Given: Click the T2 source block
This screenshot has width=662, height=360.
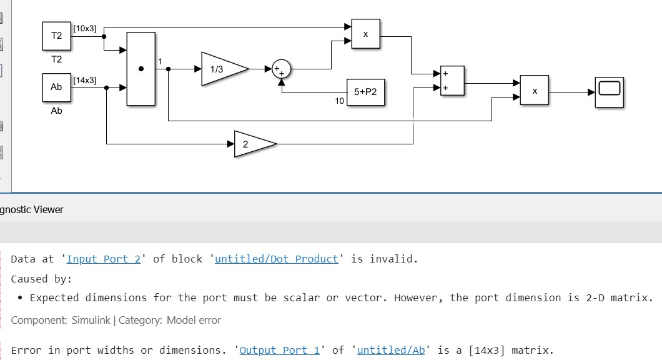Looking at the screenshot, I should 57,36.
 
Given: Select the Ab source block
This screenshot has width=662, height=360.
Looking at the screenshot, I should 57,87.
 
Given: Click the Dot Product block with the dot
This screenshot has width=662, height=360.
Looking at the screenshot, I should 141,69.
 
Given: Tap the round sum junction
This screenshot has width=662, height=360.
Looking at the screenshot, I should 282,69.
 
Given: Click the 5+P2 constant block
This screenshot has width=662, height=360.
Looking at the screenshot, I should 365,92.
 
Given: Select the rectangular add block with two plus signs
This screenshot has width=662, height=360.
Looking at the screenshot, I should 452,81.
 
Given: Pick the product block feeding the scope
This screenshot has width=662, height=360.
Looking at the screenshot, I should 535,91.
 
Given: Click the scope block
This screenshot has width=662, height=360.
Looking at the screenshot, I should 610,92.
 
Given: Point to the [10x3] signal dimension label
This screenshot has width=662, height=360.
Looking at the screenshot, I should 85,28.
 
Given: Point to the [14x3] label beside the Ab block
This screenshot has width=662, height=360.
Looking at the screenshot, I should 85,80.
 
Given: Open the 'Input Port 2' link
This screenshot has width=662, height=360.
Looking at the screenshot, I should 104,259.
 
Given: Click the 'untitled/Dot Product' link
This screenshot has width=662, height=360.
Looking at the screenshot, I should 276,259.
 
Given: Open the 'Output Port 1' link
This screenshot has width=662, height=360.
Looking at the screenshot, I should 279,350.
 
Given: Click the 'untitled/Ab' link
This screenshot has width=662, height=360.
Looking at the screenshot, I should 391,350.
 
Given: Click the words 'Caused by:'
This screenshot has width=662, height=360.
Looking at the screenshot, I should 41,279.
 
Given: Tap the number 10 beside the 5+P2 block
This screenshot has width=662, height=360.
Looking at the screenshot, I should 339,101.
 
